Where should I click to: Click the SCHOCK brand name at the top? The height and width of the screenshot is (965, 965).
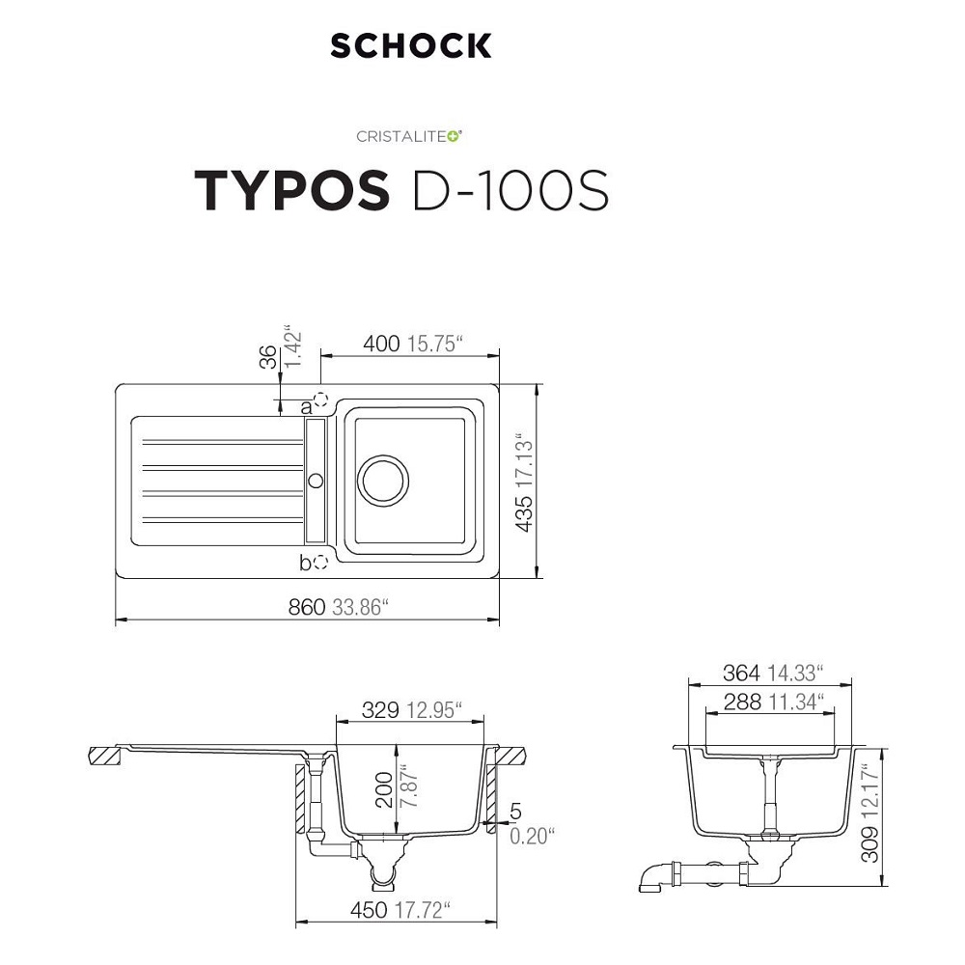click(x=411, y=45)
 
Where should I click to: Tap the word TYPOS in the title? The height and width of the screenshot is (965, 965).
click(x=292, y=190)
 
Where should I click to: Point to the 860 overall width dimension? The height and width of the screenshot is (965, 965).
click(x=307, y=607)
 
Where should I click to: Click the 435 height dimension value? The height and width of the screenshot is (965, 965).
click(x=524, y=513)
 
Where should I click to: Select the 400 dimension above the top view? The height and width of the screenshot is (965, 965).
click(x=381, y=344)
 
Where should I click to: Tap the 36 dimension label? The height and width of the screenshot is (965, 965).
click(x=268, y=357)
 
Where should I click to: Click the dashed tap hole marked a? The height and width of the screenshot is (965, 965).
click(x=320, y=400)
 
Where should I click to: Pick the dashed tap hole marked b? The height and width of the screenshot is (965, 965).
click(x=320, y=562)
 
